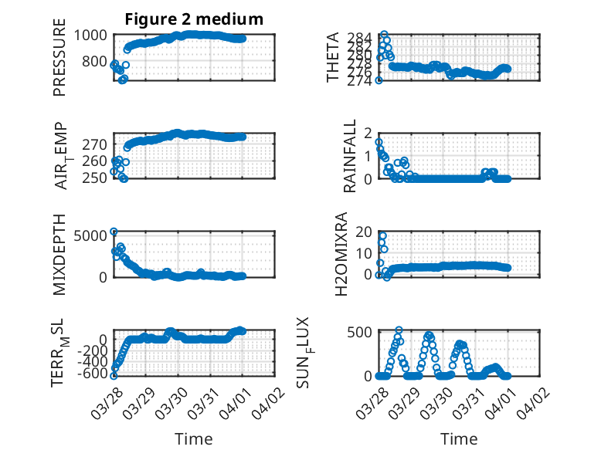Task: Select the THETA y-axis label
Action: (333, 57)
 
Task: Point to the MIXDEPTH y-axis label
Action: (59, 253)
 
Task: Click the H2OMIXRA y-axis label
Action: (350, 254)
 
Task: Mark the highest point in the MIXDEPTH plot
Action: (114, 232)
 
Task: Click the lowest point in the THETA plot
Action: (379, 80)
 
